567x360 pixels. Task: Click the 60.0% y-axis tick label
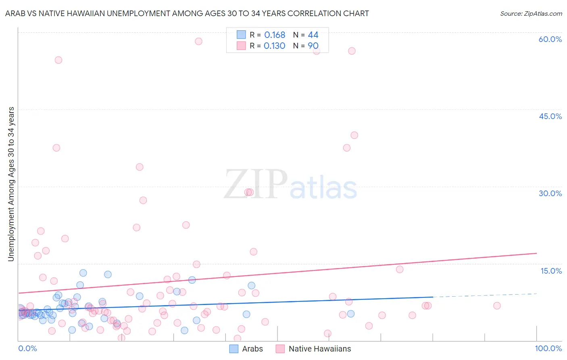[x=550, y=39]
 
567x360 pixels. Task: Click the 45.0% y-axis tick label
[x=550, y=116]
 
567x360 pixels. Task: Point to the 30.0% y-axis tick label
[x=550, y=193]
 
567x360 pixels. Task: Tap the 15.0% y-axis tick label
[x=551, y=271]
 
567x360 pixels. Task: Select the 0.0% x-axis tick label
[x=27, y=348]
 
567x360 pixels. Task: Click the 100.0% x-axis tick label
[x=548, y=348]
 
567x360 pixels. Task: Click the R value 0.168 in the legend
[x=275, y=35]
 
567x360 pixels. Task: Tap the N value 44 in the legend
[x=313, y=35]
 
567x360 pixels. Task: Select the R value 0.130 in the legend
[x=274, y=46]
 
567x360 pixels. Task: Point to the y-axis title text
[x=11, y=184]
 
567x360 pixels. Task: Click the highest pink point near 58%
[x=198, y=41]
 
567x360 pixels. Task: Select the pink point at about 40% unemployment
[x=354, y=135]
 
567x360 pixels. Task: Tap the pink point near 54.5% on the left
[x=58, y=60]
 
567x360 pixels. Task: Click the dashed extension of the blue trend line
[x=484, y=295]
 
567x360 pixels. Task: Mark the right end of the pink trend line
[x=536, y=253]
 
